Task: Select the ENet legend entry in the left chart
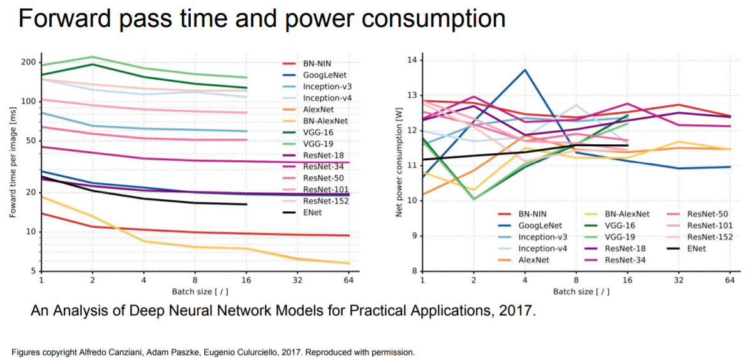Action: tap(312, 213)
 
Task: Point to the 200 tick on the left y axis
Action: tap(28, 62)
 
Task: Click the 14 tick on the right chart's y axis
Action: tap(411, 60)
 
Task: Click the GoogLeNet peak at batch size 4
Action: tap(525, 70)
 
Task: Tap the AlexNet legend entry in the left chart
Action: tap(317, 109)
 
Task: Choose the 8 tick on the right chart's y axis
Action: tap(413, 271)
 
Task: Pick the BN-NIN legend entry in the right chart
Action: tap(531, 214)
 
